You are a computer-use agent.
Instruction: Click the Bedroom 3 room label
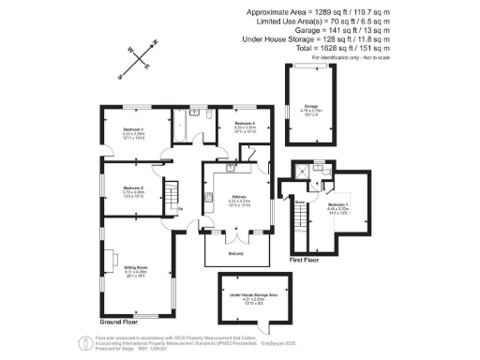point(134,128)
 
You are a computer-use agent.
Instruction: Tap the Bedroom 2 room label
point(134,189)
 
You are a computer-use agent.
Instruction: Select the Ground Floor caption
point(120,322)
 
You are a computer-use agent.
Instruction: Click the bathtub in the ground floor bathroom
point(199,122)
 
